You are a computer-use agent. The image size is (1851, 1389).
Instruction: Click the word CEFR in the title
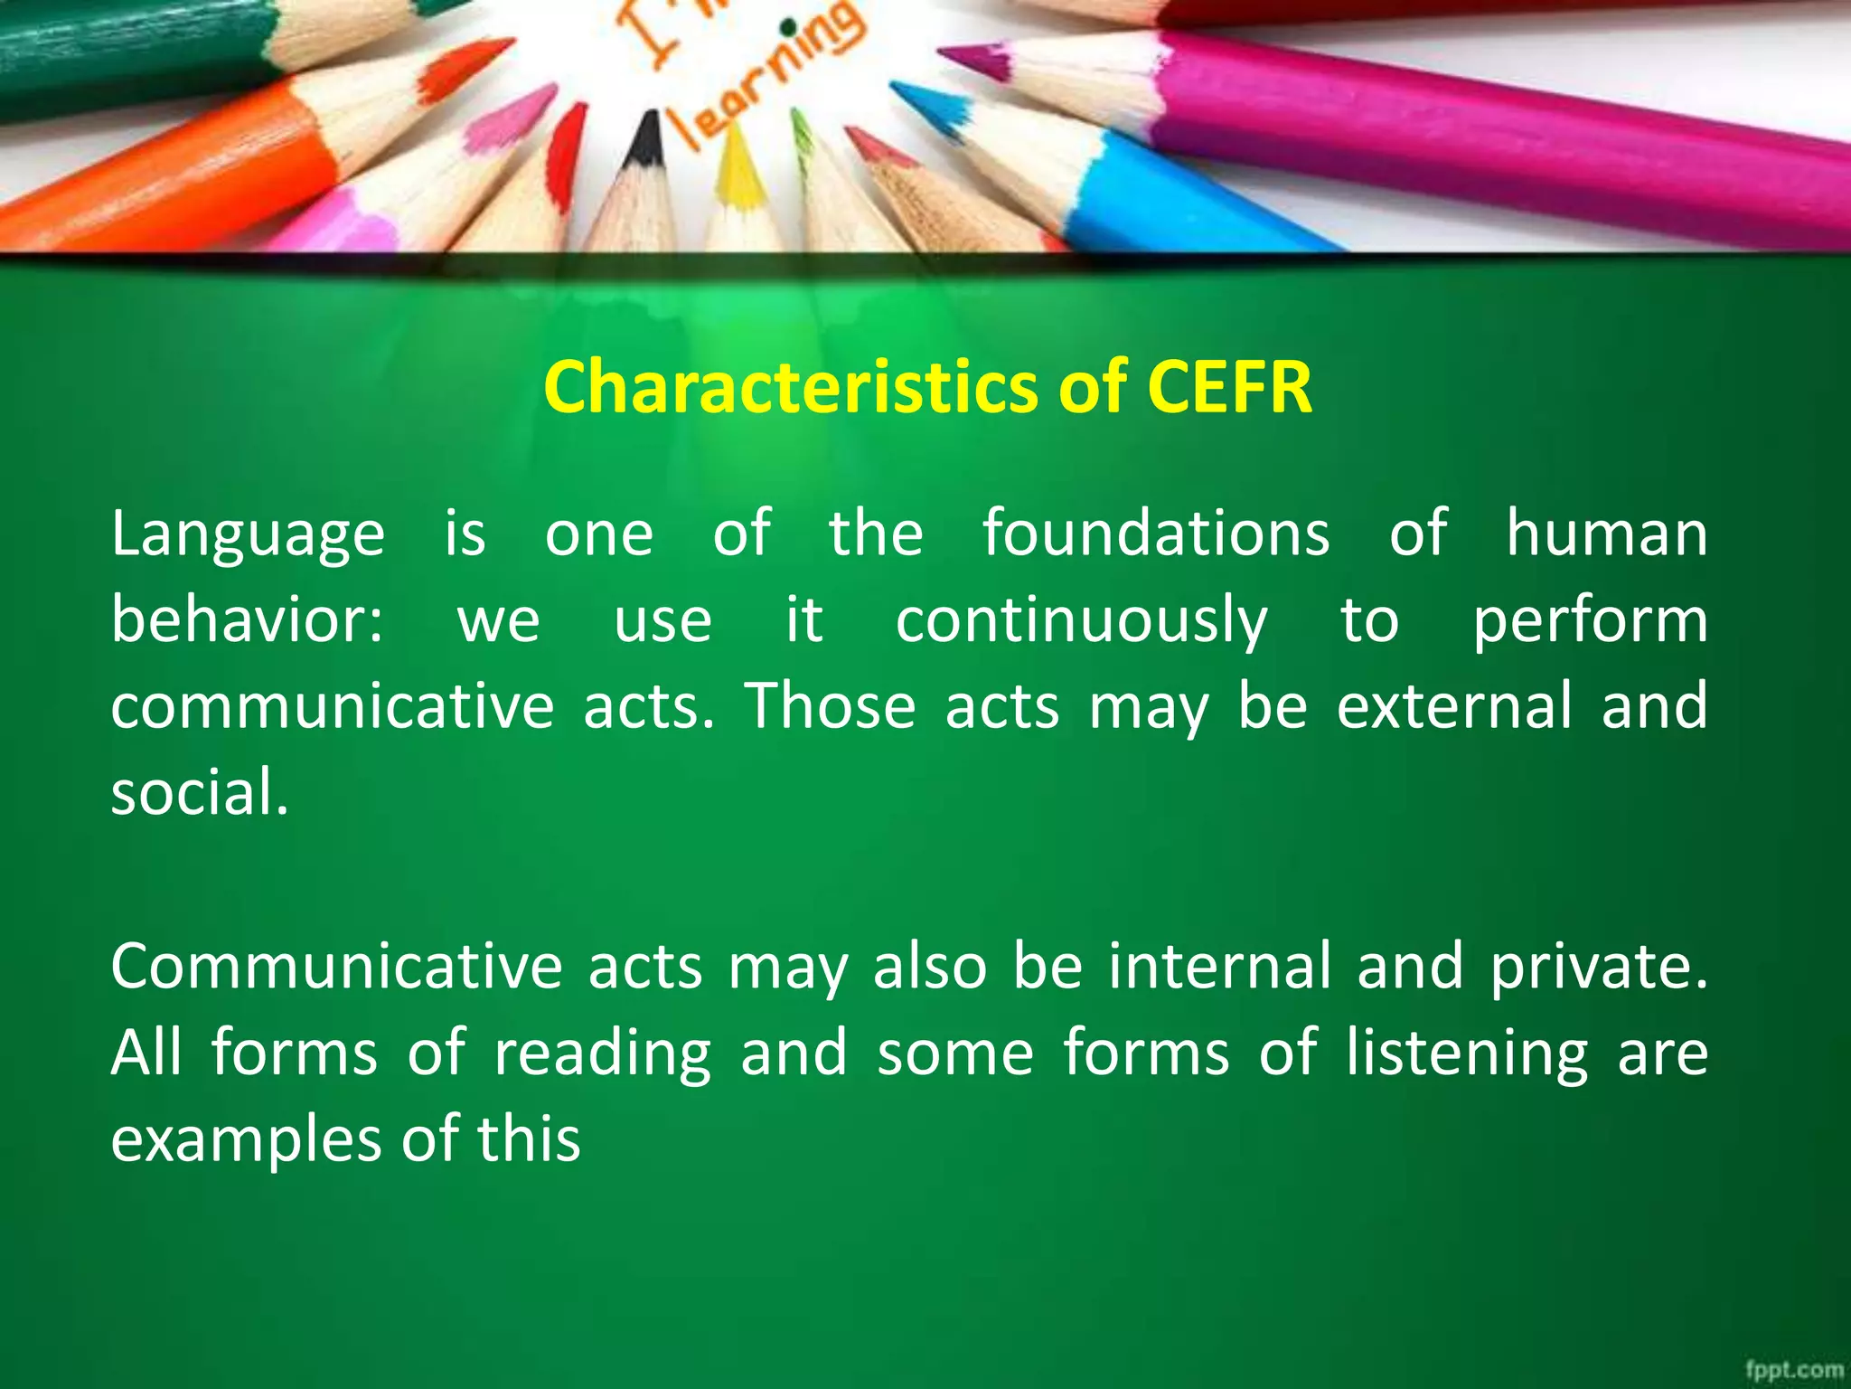pyautogui.click(x=1228, y=387)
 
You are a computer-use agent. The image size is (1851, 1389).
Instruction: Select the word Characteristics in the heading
pyautogui.click(x=792, y=387)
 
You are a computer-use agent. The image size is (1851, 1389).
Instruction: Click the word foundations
pyautogui.click(x=1156, y=533)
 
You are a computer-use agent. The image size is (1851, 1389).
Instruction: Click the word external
pyautogui.click(x=1454, y=706)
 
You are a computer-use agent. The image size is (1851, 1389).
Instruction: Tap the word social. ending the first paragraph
pyautogui.click(x=199, y=793)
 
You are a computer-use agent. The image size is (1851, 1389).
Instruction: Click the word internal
pyautogui.click(x=1220, y=967)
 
